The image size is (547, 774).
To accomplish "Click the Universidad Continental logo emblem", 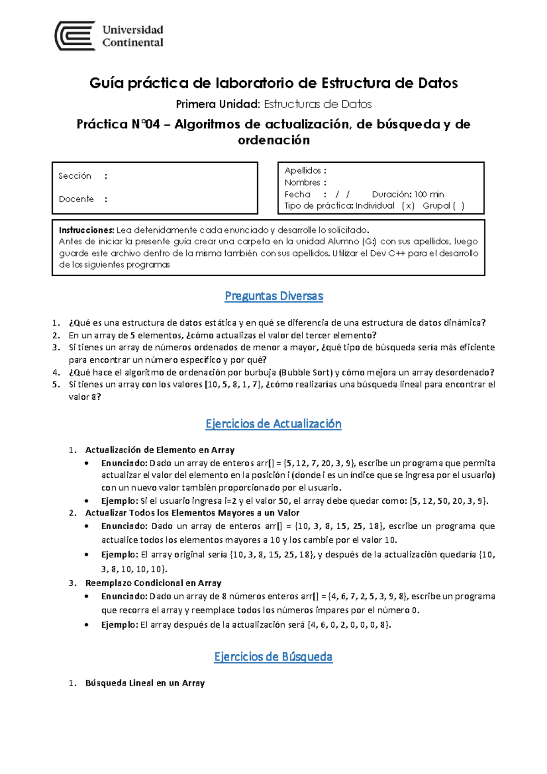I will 75,36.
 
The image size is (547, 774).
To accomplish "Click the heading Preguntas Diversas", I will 273,296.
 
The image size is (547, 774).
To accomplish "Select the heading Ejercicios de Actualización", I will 273,424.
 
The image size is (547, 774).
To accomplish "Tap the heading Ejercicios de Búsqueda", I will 273,657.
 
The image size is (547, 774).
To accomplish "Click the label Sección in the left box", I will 75,176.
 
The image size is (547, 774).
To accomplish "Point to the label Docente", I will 76,199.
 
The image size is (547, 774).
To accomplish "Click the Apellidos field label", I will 303,171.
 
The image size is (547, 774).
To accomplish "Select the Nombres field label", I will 302,183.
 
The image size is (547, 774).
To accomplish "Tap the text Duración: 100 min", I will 408,194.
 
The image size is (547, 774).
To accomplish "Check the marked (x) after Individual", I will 408,206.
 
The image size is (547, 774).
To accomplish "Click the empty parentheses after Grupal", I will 459,206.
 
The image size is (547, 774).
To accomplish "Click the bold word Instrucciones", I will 86,230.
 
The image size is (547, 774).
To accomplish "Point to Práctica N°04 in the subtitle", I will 118,124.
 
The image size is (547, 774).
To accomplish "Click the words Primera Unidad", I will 217,104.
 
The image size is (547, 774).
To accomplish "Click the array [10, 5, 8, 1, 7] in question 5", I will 234,385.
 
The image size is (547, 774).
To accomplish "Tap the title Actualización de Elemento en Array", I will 160,450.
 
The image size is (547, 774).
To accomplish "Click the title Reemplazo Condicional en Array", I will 153,583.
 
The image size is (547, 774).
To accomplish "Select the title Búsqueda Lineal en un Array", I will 145,683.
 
